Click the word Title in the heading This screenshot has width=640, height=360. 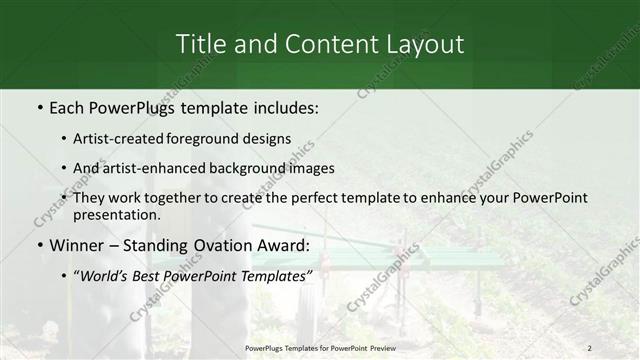pos(201,44)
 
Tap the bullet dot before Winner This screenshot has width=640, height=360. pos(39,245)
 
